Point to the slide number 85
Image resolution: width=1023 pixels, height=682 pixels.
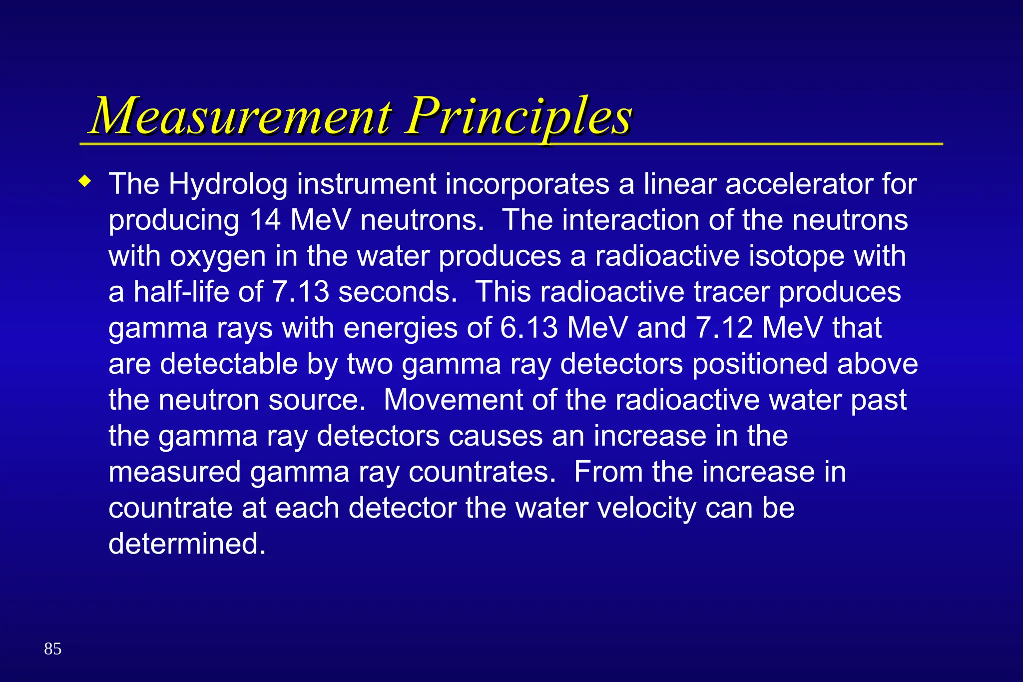(x=52, y=649)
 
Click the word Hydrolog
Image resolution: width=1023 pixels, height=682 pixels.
(x=228, y=184)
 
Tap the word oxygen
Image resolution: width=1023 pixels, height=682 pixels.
(x=218, y=256)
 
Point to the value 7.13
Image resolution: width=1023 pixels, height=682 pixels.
(x=301, y=292)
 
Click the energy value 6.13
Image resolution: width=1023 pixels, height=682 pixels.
(x=528, y=328)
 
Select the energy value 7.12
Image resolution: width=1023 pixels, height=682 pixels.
(x=724, y=328)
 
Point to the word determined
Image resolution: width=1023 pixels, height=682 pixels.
(x=187, y=544)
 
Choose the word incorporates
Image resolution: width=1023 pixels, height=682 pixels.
(x=527, y=184)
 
